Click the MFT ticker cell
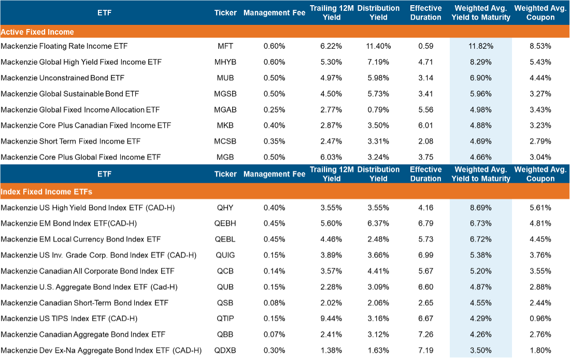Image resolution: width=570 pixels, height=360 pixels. coord(225,46)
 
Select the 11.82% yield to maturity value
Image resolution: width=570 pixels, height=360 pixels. coord(480,46)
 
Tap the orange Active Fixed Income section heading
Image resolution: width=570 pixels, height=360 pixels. coord(37,32)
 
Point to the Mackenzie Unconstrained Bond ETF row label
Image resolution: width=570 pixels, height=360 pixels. coord(62,78)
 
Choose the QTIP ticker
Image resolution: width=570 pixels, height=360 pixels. coord(225,319)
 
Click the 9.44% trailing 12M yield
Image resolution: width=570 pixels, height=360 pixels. coord(331,319)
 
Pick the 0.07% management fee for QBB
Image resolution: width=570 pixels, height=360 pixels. coord(274,334)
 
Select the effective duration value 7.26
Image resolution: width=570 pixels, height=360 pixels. coord(425,334)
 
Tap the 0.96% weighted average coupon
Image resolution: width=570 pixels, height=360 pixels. coord(540,319)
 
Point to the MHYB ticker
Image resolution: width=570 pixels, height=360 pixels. coord(225,62)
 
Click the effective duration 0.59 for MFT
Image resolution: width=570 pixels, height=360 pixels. coord(425,46)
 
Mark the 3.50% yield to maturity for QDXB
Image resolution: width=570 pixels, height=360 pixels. coord(480,350)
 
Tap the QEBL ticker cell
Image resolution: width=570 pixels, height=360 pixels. coord(225,239)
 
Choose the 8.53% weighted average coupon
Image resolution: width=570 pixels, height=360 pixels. coord(540,46)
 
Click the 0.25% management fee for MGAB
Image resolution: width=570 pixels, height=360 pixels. coord(274,109)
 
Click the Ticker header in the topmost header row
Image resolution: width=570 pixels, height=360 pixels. coord(225,13)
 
